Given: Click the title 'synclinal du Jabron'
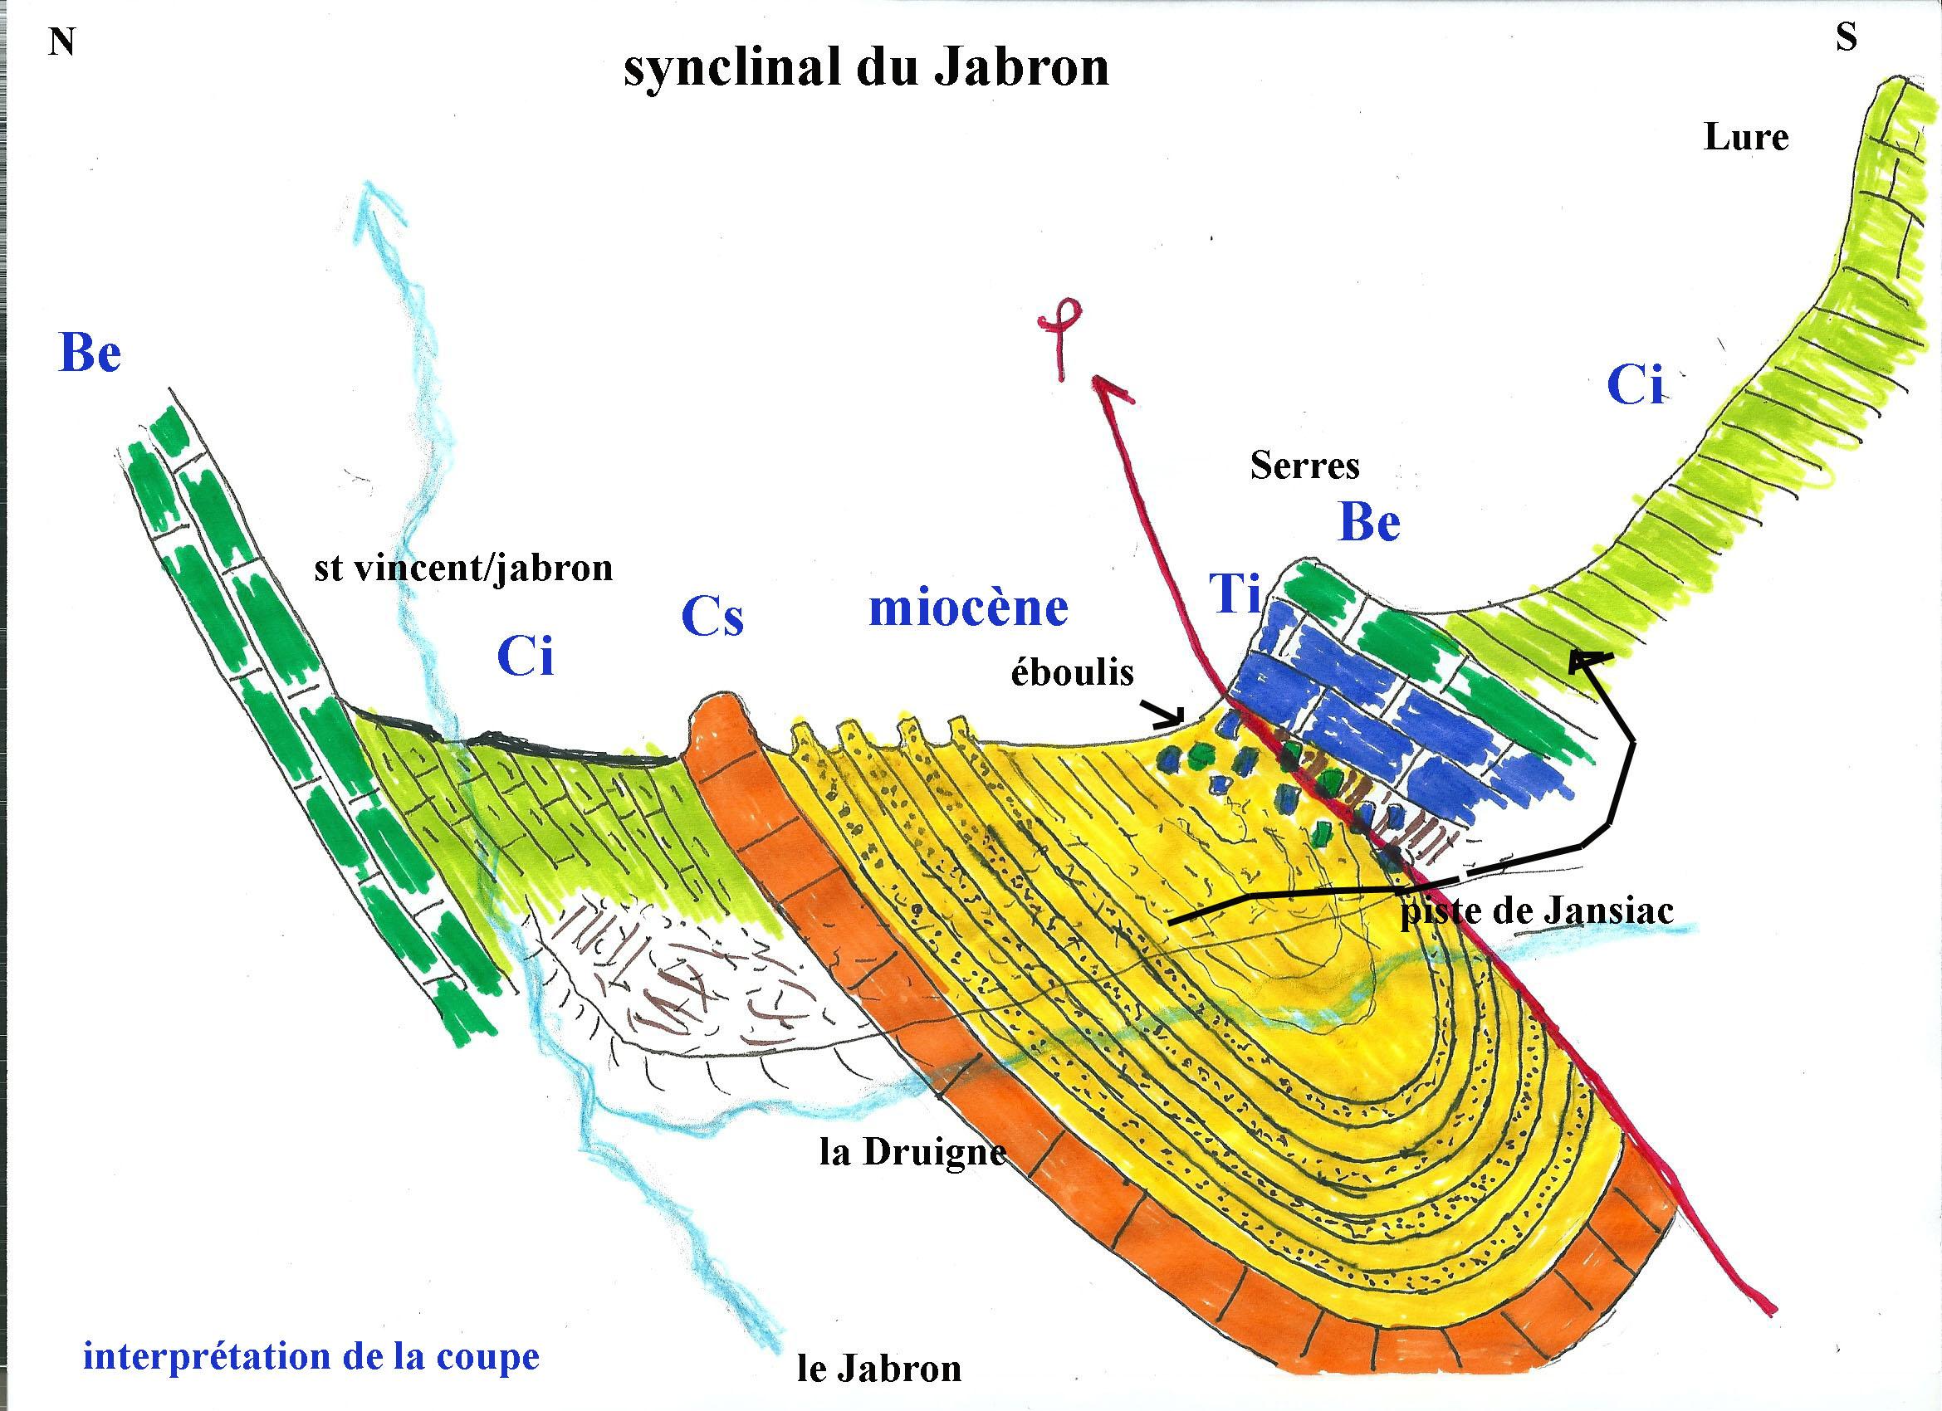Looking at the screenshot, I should tap(866, 69).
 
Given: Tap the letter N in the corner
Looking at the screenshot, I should tap(61, 41).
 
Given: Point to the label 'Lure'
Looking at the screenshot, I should tap(1745, 138).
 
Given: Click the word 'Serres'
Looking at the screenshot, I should tap(1304, 466).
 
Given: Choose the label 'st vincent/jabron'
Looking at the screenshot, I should tap(463, 569).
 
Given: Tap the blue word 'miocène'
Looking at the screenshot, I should tap(968, 608).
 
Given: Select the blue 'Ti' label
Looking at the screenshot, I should tap(1235, 593).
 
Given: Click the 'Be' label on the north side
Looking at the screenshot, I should tap(90, 353).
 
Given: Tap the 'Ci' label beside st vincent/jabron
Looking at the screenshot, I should tap(525, 657).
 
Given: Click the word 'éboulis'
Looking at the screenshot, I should tap(1072, 673).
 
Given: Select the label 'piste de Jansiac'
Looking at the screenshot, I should tap(1537, 911).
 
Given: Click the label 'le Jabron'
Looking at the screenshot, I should tap(878, 1368).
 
